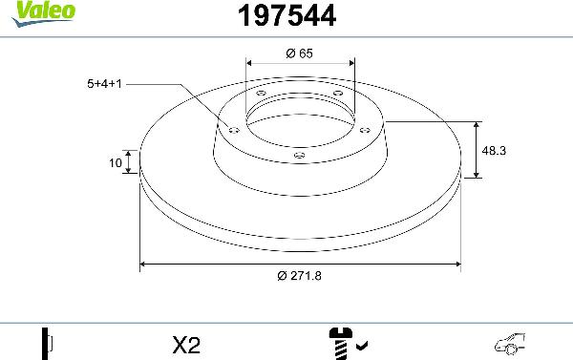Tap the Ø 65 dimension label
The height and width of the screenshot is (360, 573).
pos(300,54)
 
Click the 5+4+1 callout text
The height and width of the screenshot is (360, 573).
pos(105,84)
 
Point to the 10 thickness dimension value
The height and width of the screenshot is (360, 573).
pos(116,163)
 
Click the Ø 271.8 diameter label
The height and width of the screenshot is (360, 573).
pos(300,277)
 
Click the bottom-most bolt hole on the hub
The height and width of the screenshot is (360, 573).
pos(298,154)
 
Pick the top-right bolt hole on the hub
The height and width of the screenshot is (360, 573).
pos(337,93)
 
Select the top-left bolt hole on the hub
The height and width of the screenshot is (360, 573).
pos(262,93)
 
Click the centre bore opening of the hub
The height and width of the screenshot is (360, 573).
pos(300,119)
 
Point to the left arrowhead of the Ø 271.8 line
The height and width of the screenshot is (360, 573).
pos(144,263)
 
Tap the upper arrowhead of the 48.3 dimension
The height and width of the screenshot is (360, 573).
pos(477,125)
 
